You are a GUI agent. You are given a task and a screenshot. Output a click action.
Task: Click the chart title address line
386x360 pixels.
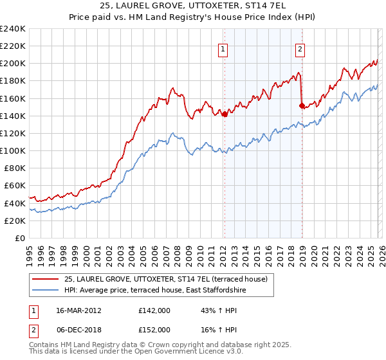193,6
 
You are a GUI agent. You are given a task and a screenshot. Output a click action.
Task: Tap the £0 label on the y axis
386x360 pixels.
19,238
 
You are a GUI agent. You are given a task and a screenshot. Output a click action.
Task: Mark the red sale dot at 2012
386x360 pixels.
224,114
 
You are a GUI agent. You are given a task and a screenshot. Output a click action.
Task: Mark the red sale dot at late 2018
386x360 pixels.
301,105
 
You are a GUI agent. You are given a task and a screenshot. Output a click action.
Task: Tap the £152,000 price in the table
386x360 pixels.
154,329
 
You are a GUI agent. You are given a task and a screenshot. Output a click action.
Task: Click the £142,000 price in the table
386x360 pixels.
154,310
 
